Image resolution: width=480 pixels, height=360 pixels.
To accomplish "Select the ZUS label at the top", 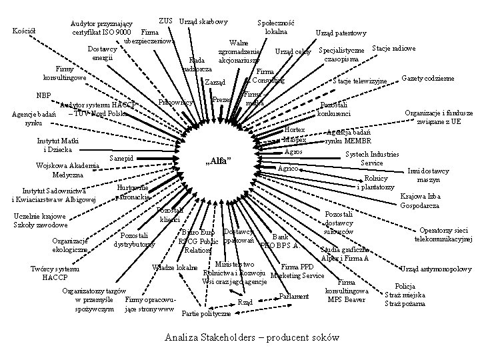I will click(167, 21).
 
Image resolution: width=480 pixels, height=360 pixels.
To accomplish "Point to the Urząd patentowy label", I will click(341, 33).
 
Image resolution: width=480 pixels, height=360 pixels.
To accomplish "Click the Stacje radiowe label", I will click(394, 49).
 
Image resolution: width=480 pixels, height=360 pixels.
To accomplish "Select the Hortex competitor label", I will click(294, 129).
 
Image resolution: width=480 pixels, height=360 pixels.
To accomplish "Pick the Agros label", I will click(293, 152).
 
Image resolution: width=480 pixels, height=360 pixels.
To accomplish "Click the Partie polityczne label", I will click(207, 313).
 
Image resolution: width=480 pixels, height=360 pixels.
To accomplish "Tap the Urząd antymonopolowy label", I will click(437, 269).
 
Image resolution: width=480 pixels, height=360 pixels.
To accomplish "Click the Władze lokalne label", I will click(175, 269).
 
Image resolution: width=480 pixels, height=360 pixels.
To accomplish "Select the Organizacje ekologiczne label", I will click(70, 245).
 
